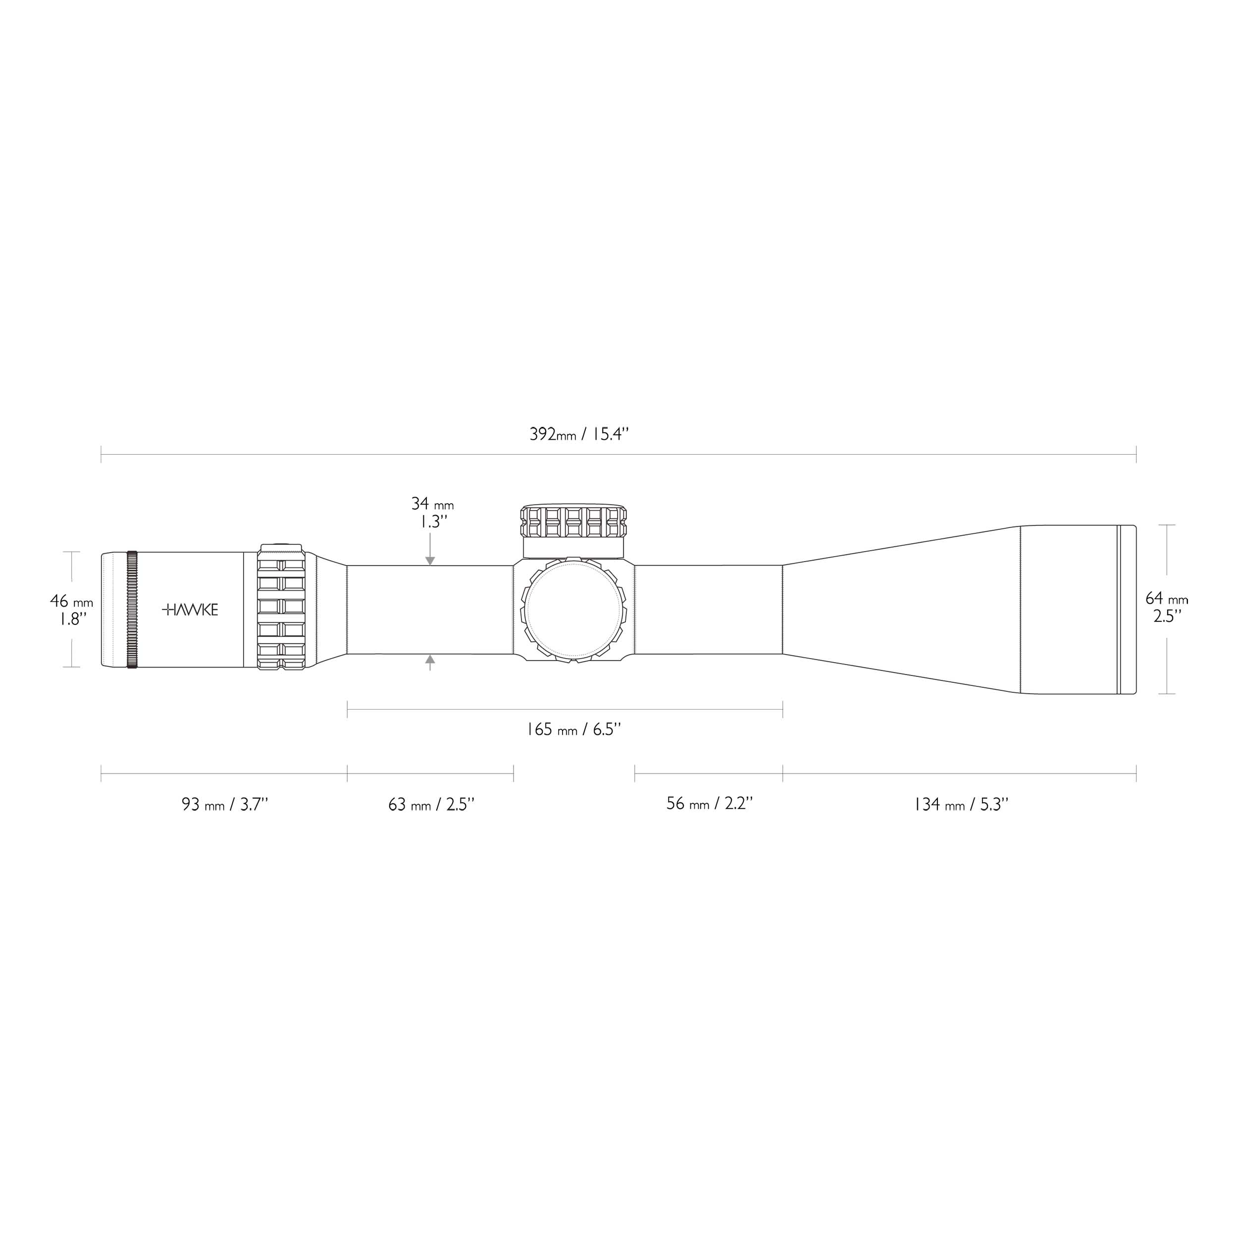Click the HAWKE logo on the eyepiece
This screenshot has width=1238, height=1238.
tap(190, 610)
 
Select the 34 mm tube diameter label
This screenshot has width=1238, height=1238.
tap(432, 504)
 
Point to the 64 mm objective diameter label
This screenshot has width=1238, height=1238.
tap(1166, 599)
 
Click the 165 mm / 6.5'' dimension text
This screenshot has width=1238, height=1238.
tap(573, 729)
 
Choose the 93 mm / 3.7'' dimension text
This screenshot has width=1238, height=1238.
tap(224, 804)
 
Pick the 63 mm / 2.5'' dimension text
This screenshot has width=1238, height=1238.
tap(431, 804)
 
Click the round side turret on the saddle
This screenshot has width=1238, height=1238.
tap(573, 610)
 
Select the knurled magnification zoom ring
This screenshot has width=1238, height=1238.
tap(281, 608)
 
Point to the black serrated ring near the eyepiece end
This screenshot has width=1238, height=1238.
tap(132, 610)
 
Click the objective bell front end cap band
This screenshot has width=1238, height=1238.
tap(1127, 610)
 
